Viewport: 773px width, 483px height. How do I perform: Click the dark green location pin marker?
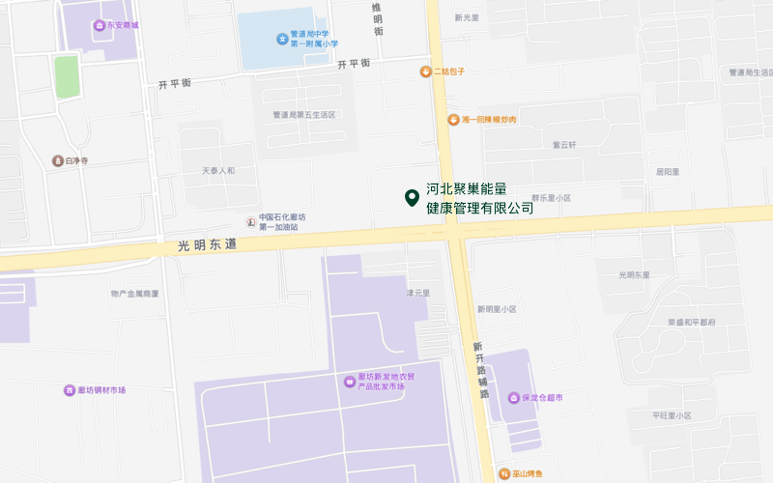click(x=411, y=197)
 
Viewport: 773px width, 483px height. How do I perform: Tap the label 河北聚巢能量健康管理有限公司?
click(x=480, y=199)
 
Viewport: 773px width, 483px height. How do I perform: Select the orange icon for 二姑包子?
click(x=424, y=71)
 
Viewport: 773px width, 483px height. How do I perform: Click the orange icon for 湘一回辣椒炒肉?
click(x=452, y=119)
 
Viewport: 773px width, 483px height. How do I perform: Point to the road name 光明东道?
click(x=207, y=246)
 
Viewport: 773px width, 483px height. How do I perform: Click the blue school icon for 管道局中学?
click(x=282, y=39)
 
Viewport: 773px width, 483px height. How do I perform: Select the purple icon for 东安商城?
click(x=100, y=24)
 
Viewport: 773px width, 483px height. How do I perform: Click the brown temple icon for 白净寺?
click(x=58, y=160)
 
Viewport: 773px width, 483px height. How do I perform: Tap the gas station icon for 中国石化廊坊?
click(x=250, y=221)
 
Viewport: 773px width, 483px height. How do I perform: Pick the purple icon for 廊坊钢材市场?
click(x=69, y=390)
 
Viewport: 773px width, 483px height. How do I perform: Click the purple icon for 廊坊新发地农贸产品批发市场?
click(x=349, y=381)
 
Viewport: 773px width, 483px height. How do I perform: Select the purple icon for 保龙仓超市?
click(x=512, y=397)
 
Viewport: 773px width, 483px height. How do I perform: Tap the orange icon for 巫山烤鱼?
click(x=504, y=473)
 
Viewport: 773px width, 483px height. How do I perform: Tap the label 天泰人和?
click(x=218, y=171)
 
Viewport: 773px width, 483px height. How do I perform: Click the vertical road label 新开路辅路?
click(x=481, y=370)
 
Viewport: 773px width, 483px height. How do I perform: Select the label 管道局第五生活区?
click(x=303, y=115)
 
